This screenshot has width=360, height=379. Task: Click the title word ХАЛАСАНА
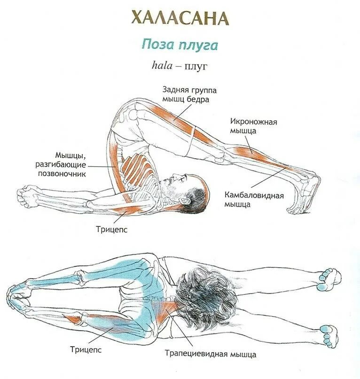tap(180, 18)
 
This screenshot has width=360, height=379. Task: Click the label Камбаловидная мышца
tap(253, 199)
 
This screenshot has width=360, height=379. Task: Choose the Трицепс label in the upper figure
tap(112, 230)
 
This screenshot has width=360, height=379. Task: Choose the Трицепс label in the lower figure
tap(86, 349)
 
